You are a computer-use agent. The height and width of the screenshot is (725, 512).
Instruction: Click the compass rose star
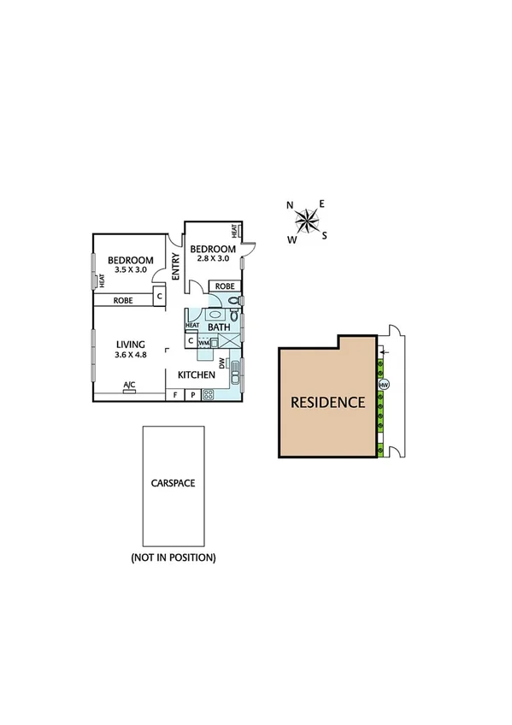tap(305, 222)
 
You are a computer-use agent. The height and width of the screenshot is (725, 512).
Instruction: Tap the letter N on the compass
tap(290, 205)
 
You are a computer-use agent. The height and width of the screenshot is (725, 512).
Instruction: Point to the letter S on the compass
tap(325, 236)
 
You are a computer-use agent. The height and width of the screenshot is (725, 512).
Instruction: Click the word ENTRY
tap(175, 267)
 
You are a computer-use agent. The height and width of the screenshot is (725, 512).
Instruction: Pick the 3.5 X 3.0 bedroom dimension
tap(130, 270)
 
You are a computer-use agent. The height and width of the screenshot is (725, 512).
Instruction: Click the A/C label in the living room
tap(130, 385)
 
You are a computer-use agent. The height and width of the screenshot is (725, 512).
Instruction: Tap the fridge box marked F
tap(175, 395)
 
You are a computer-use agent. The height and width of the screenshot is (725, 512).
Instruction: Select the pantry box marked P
tap(192, 395)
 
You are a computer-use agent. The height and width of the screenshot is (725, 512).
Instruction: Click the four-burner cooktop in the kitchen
tap(208, 395)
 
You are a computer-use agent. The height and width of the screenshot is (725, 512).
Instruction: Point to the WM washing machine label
tap(204, 343)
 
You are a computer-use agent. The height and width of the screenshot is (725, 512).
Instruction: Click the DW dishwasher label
tap(222, 364)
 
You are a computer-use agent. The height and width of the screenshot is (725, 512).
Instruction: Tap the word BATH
tap(220, 327)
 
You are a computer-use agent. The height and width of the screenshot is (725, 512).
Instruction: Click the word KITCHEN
tap(197, 375)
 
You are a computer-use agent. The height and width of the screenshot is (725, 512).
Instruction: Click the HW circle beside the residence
tap(384, 384)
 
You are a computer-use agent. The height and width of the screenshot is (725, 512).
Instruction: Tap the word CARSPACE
tap(173, 483)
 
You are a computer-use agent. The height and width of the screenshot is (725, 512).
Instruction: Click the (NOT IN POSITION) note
tap(173, 557)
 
